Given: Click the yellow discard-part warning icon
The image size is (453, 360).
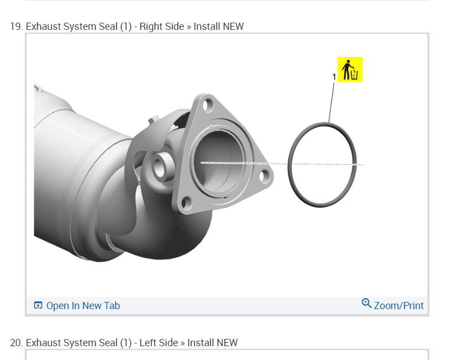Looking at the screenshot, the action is coord(350,70).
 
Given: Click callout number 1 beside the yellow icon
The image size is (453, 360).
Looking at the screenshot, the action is coord(334,77).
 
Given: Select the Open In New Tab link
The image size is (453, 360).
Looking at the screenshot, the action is coord(83,306).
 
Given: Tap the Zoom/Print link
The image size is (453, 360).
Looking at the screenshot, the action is coord(399,306).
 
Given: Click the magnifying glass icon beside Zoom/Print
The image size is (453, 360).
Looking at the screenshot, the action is coord(367,304).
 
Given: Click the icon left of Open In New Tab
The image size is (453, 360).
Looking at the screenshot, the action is coord(38,305).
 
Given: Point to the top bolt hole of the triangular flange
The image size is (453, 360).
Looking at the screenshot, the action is coord(208,106).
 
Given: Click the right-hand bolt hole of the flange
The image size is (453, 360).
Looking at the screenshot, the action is coord(264,176).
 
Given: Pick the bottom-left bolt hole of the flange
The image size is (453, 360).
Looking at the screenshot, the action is coord(186,202).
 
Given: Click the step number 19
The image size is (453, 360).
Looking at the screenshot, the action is coord(17,27).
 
